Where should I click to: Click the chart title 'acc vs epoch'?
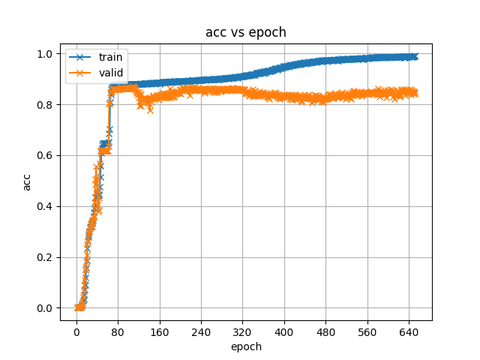[245, 32]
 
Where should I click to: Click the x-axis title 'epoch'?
[245, 346]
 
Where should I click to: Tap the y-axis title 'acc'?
[27, 181]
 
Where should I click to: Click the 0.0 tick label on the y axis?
[46, 308]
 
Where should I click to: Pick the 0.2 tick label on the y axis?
[46, 257]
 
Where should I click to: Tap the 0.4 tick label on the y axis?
[46, 206]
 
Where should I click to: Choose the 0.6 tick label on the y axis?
[46, 155]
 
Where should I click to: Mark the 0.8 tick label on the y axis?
[46, 104]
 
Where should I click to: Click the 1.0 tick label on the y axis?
[46, 54]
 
